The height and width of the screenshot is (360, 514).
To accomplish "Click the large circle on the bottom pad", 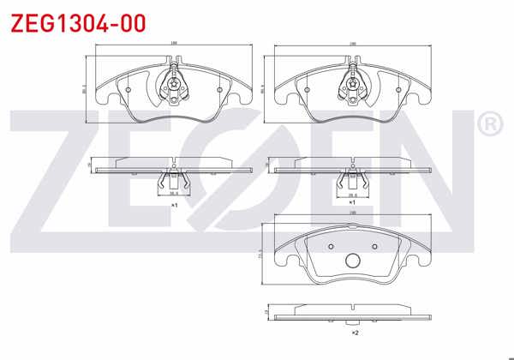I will [x=351, y=262].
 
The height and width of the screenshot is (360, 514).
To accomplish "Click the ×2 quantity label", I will [x=353, y=331].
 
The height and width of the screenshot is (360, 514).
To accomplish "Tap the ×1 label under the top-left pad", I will [x=173, y=206].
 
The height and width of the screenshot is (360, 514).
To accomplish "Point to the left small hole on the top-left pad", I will [x=128, y=88].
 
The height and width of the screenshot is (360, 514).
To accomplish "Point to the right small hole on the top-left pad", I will [x=219, y=88].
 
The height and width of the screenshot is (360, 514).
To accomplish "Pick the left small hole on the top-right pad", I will [x=307, y=88].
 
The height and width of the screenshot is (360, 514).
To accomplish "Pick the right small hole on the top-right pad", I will [x=397, y=88].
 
